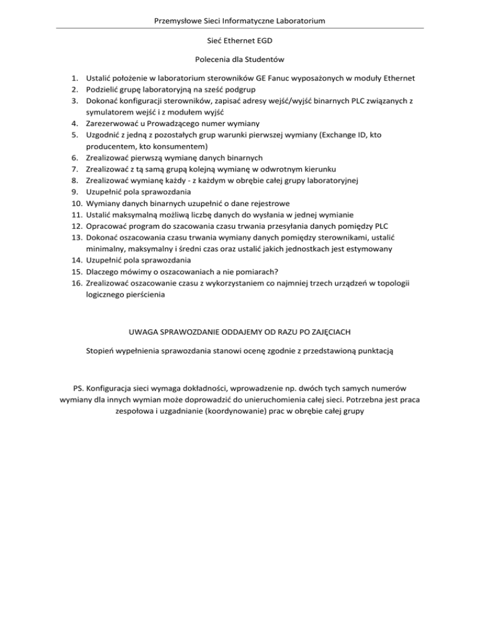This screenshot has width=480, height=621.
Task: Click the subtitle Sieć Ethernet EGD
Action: coord(239,42)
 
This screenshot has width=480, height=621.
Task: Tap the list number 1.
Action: coord(73,78)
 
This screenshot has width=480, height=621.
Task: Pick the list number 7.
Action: coord(73,169)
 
